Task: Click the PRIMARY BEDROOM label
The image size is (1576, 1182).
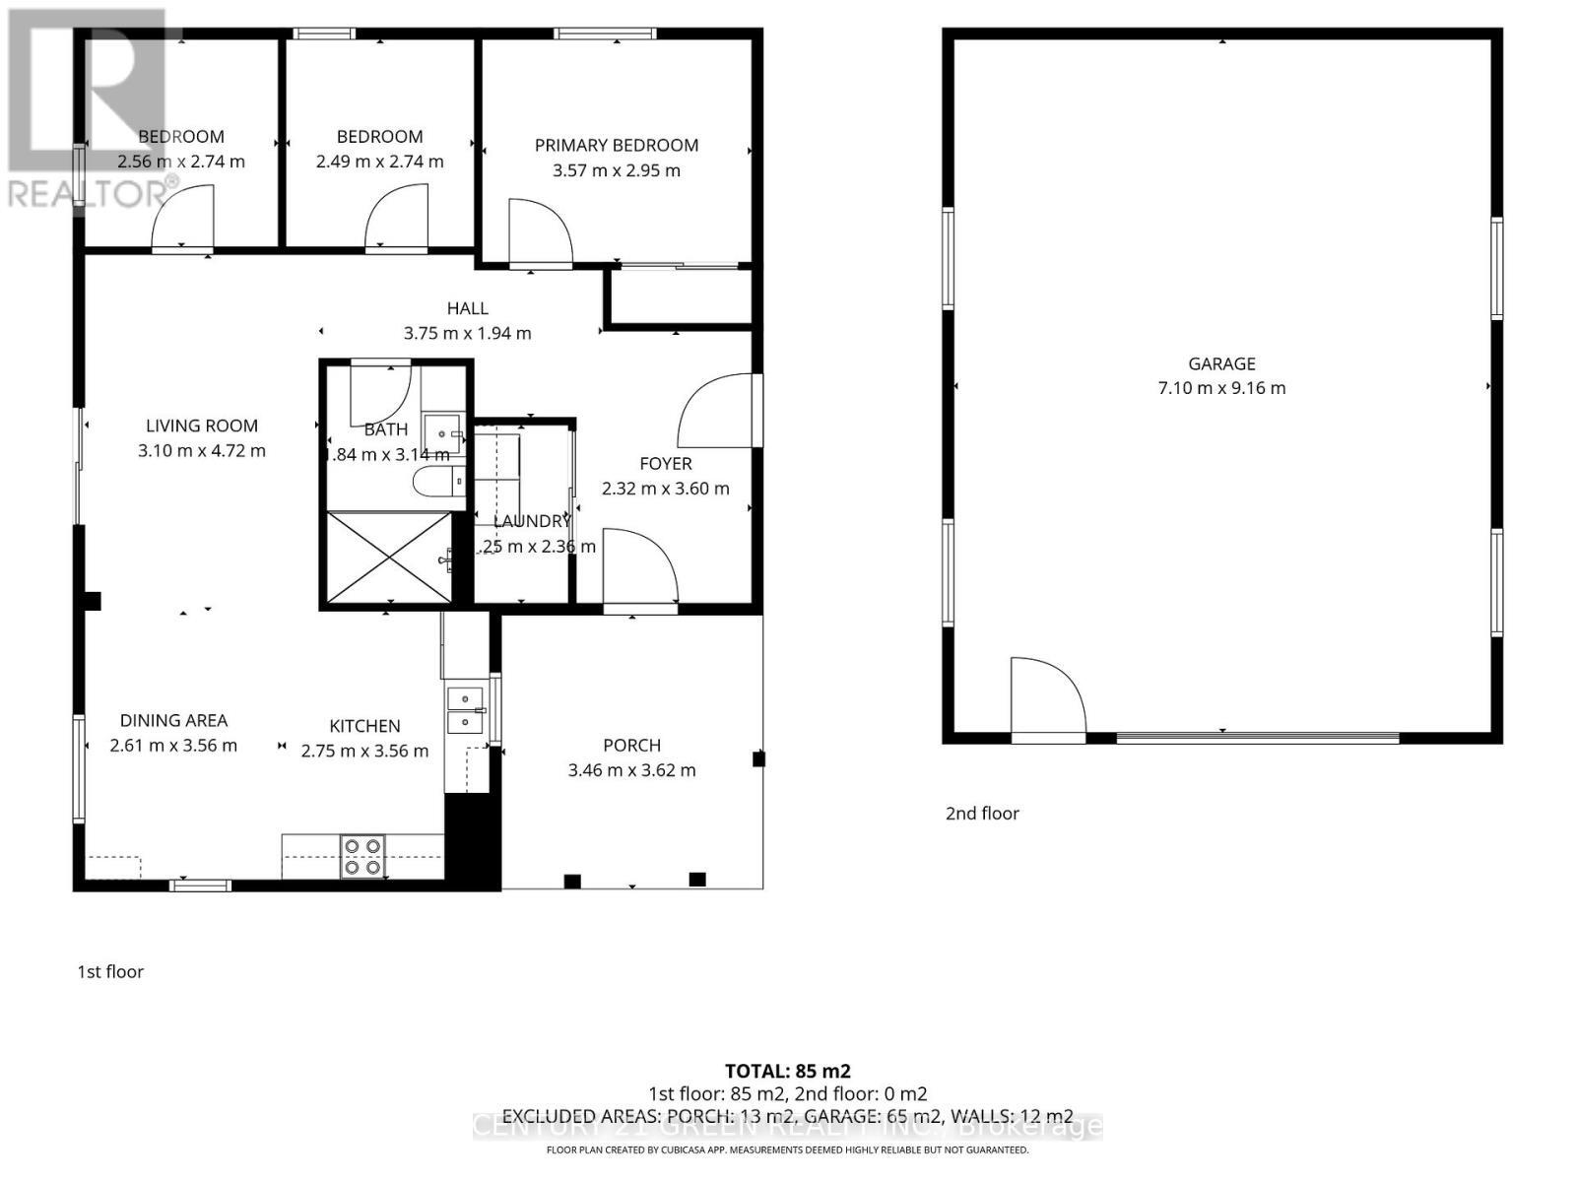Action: [x=616, y=145]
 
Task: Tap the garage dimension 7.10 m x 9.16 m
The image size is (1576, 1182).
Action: [x=1221, y=388]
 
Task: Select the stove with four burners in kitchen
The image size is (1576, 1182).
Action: [x=362, y=856]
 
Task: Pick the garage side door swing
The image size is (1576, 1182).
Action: [x=1049, y=695]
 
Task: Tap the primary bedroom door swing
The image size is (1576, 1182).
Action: [x=539, y=232]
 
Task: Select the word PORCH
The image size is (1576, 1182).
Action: [x=631, y=746]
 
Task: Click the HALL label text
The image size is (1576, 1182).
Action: [x=467, y=308]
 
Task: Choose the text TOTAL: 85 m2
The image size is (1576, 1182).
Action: [x=787, y=1071]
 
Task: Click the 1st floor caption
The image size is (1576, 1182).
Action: [x=110, y=972]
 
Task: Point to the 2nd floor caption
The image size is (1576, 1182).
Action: [x=981, y=814]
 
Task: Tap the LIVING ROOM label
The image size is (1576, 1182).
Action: [x=202, y=426]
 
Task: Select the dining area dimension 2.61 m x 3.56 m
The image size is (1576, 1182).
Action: [x=173, y=746]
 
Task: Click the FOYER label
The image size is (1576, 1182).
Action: [x=665, y=463]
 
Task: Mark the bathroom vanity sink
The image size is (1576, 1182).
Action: [x=442, y=430]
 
